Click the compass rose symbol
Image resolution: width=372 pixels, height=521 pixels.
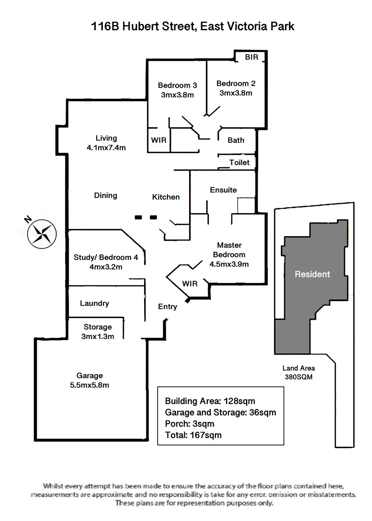(42, 234)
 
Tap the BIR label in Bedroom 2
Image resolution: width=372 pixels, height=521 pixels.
(251, 57)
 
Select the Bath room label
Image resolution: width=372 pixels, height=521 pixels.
(236, 140)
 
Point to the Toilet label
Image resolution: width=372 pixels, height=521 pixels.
(239, 163)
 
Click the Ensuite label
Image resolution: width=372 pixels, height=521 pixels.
(223, 190)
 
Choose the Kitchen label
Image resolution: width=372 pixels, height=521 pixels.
(166, 197)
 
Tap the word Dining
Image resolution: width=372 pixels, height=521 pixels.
(106, 196)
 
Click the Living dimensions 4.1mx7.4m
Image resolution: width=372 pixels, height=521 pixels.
(106, 148)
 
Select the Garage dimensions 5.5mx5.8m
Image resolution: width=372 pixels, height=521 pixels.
(90, 385)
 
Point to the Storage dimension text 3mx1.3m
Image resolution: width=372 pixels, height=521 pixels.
(98, 337)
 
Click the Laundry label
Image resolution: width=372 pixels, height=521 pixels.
(94, 303)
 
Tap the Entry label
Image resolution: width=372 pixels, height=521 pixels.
(167, 307)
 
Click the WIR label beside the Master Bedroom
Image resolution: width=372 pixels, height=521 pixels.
(190, 284)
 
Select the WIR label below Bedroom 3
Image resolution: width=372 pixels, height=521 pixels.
(159, 140)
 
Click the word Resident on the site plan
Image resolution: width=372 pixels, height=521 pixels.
(312, 274)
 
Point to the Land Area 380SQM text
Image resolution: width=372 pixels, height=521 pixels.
(299, 373)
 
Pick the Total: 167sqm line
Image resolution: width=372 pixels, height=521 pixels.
(193, 435)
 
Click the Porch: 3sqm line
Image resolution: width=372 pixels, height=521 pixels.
(190, 424)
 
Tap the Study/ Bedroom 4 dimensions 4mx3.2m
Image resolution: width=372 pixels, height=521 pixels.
(106, 267)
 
